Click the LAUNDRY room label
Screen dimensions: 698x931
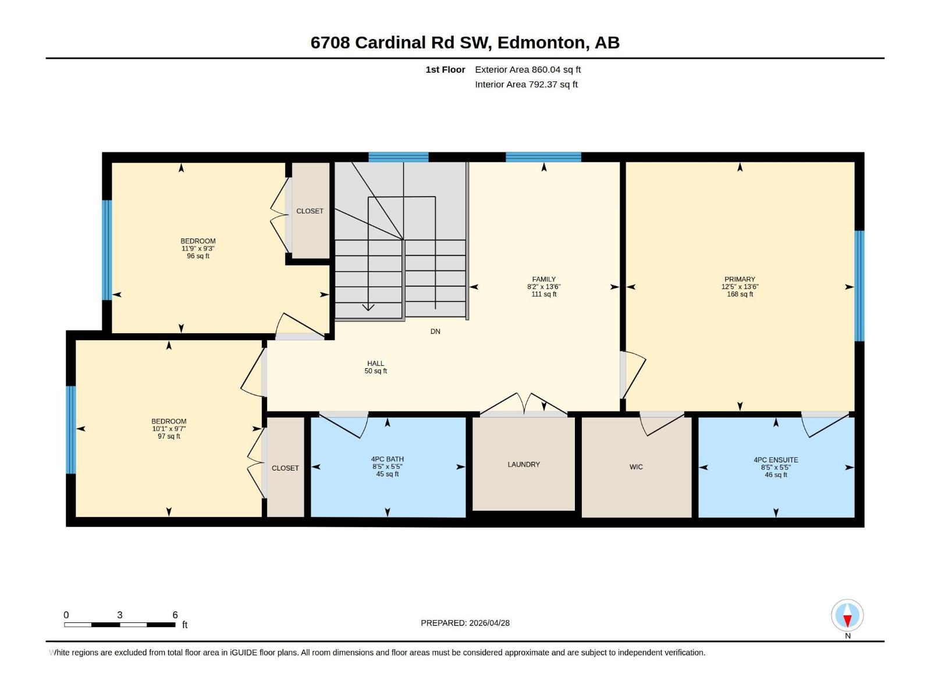click(x=524, y=464)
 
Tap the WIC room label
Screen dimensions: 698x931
click(x=636, y=467)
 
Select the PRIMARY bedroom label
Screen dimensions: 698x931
click(x=740, y=279)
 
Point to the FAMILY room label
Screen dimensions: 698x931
click(x=543, y=279)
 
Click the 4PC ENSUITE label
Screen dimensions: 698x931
click(x=776, y=460)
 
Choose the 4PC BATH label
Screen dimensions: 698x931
click(x=388, y=459)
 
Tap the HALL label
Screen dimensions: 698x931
click(x=375, y=364)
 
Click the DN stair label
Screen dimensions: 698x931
click(x=435, y=332)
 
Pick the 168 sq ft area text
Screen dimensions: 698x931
click(x=740, y=294)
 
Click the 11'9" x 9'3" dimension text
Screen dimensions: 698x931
click(x=198, y=248)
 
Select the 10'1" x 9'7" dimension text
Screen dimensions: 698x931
click(x=169, y=429)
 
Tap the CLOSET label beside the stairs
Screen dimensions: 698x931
click(x=310, y=211)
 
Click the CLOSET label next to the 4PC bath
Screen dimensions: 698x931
click(x=285, y=468)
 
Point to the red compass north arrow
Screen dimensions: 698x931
click(x=848, y=621)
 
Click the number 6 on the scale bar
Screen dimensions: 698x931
click(x=175, y=615)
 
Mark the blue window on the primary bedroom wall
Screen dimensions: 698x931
click(x=859, y=285)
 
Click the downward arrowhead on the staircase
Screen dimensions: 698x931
click(x=368, y=307)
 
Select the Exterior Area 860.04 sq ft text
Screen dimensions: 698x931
click(x=528, y=70)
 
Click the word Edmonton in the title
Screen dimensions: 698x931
click(x=541, y=42)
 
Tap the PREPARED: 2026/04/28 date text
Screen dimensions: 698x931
click(x=465, y=623)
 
